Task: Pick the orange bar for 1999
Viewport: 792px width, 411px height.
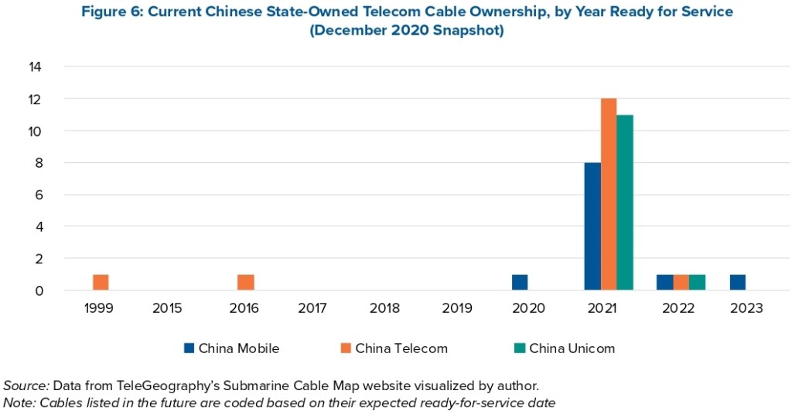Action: (101, 283)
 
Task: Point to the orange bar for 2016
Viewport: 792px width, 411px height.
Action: (245, 283)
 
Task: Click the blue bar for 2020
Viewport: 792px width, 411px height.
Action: (520, 283)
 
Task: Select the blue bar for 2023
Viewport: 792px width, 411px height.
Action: (737, 283)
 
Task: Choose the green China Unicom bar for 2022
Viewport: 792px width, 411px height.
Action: (697, 283)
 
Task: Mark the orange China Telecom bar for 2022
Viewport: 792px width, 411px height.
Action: (681, 283)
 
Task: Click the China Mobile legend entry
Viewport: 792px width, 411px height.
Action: (231, 348)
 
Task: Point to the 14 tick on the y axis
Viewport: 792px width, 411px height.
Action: (35, 67)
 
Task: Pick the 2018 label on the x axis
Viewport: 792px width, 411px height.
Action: (385, 308)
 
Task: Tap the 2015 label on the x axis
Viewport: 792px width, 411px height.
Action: (167, 308)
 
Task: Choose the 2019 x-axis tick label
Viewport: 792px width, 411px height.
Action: (457, 308)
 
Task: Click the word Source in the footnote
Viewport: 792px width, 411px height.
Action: (26, 385)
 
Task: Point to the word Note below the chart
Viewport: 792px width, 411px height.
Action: (19, 402)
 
